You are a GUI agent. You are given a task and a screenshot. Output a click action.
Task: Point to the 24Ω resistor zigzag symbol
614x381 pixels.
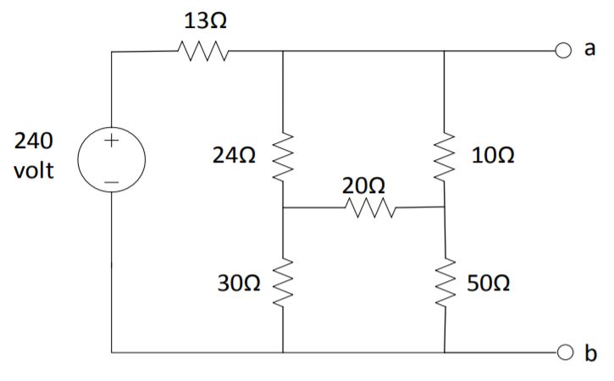(x=282, y=157)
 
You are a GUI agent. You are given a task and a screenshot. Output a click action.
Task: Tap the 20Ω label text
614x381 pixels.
(x=364, y=184)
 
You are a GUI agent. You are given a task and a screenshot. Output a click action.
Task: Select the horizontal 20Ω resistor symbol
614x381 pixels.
(x=366, y=207)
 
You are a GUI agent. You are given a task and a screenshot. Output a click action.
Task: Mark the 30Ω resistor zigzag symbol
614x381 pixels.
(x=282, y=283)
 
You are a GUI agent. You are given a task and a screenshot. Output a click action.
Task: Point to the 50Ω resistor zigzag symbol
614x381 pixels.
(x=444, y=283)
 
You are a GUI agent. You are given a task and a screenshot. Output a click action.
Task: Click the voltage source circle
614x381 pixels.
(x=112, y=159)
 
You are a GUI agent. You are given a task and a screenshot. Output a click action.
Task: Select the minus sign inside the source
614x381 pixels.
(x=112, y=179)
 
